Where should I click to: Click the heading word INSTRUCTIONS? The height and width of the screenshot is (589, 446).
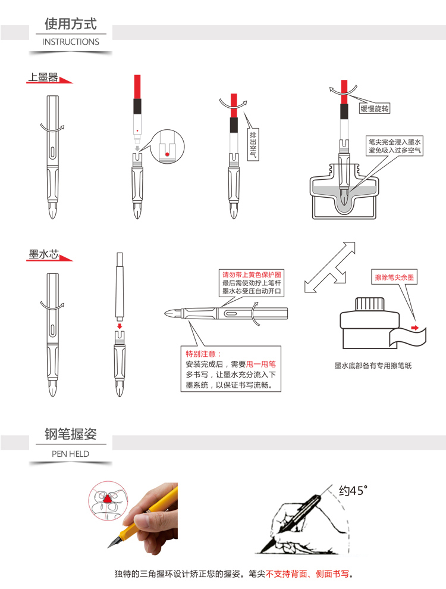pos(71,42)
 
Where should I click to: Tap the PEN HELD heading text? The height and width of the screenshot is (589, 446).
pos(71,454)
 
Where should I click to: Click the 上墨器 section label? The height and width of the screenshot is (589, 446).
pos(43,77)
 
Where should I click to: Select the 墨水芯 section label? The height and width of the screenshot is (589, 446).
pos(43,254)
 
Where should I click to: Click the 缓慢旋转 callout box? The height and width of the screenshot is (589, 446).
pos(375,108)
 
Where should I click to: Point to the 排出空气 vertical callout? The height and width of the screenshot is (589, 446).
pos(253,144)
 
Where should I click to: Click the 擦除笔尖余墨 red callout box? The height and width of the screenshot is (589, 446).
pos(394,277)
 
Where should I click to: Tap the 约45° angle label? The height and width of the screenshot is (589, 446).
pos(353,491)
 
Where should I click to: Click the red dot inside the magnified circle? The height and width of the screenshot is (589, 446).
pos(167,154)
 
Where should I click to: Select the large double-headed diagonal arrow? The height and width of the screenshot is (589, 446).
pos(329,267)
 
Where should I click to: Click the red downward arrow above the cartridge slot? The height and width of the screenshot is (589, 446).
pos(120,325)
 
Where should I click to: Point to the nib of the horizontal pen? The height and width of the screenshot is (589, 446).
pos(173,313)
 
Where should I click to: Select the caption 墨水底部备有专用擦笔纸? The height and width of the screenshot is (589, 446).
pos(373,366)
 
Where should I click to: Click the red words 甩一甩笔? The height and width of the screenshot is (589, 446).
pos(261,364)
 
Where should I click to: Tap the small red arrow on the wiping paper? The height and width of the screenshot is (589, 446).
pos(414,328)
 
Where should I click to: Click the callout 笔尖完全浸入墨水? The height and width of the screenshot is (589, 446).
pos(394,142)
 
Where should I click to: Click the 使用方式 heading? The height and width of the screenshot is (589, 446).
pos(71,24)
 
